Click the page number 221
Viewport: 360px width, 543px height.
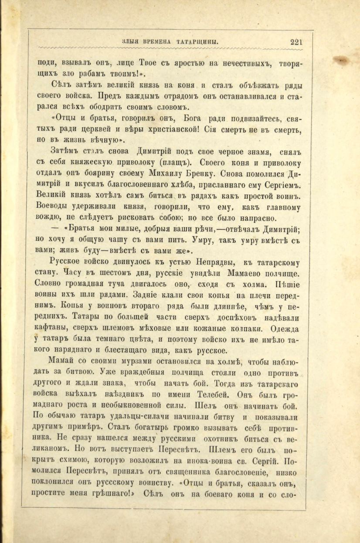click(296, 42)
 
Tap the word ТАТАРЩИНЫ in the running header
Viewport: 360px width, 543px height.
click(197, 42)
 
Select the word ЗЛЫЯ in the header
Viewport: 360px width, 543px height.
click(131, 42)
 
